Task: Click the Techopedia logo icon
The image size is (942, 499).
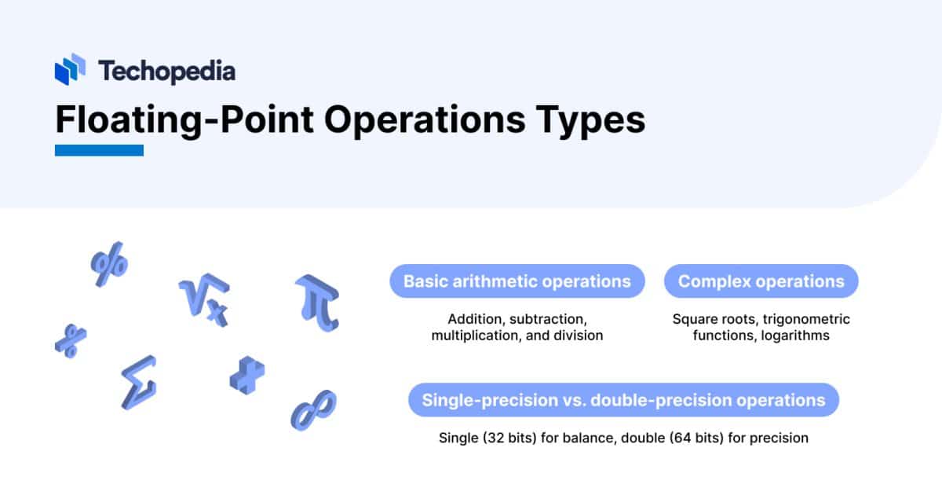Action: click(x=70, y=69)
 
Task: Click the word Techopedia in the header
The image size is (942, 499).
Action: click(x=166, y=71)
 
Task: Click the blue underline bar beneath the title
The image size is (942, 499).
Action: click(x=99, y=150)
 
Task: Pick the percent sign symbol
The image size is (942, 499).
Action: click(x=109, y=268)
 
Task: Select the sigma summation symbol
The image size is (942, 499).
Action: click(x=138, y=385)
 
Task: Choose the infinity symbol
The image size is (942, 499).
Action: click(x=313, y=409)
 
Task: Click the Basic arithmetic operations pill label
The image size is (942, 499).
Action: click(x=517, y=281)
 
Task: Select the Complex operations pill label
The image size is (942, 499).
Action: click(x=761, y=281)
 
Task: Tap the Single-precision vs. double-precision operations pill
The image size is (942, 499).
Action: click(x=623, y=400)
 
